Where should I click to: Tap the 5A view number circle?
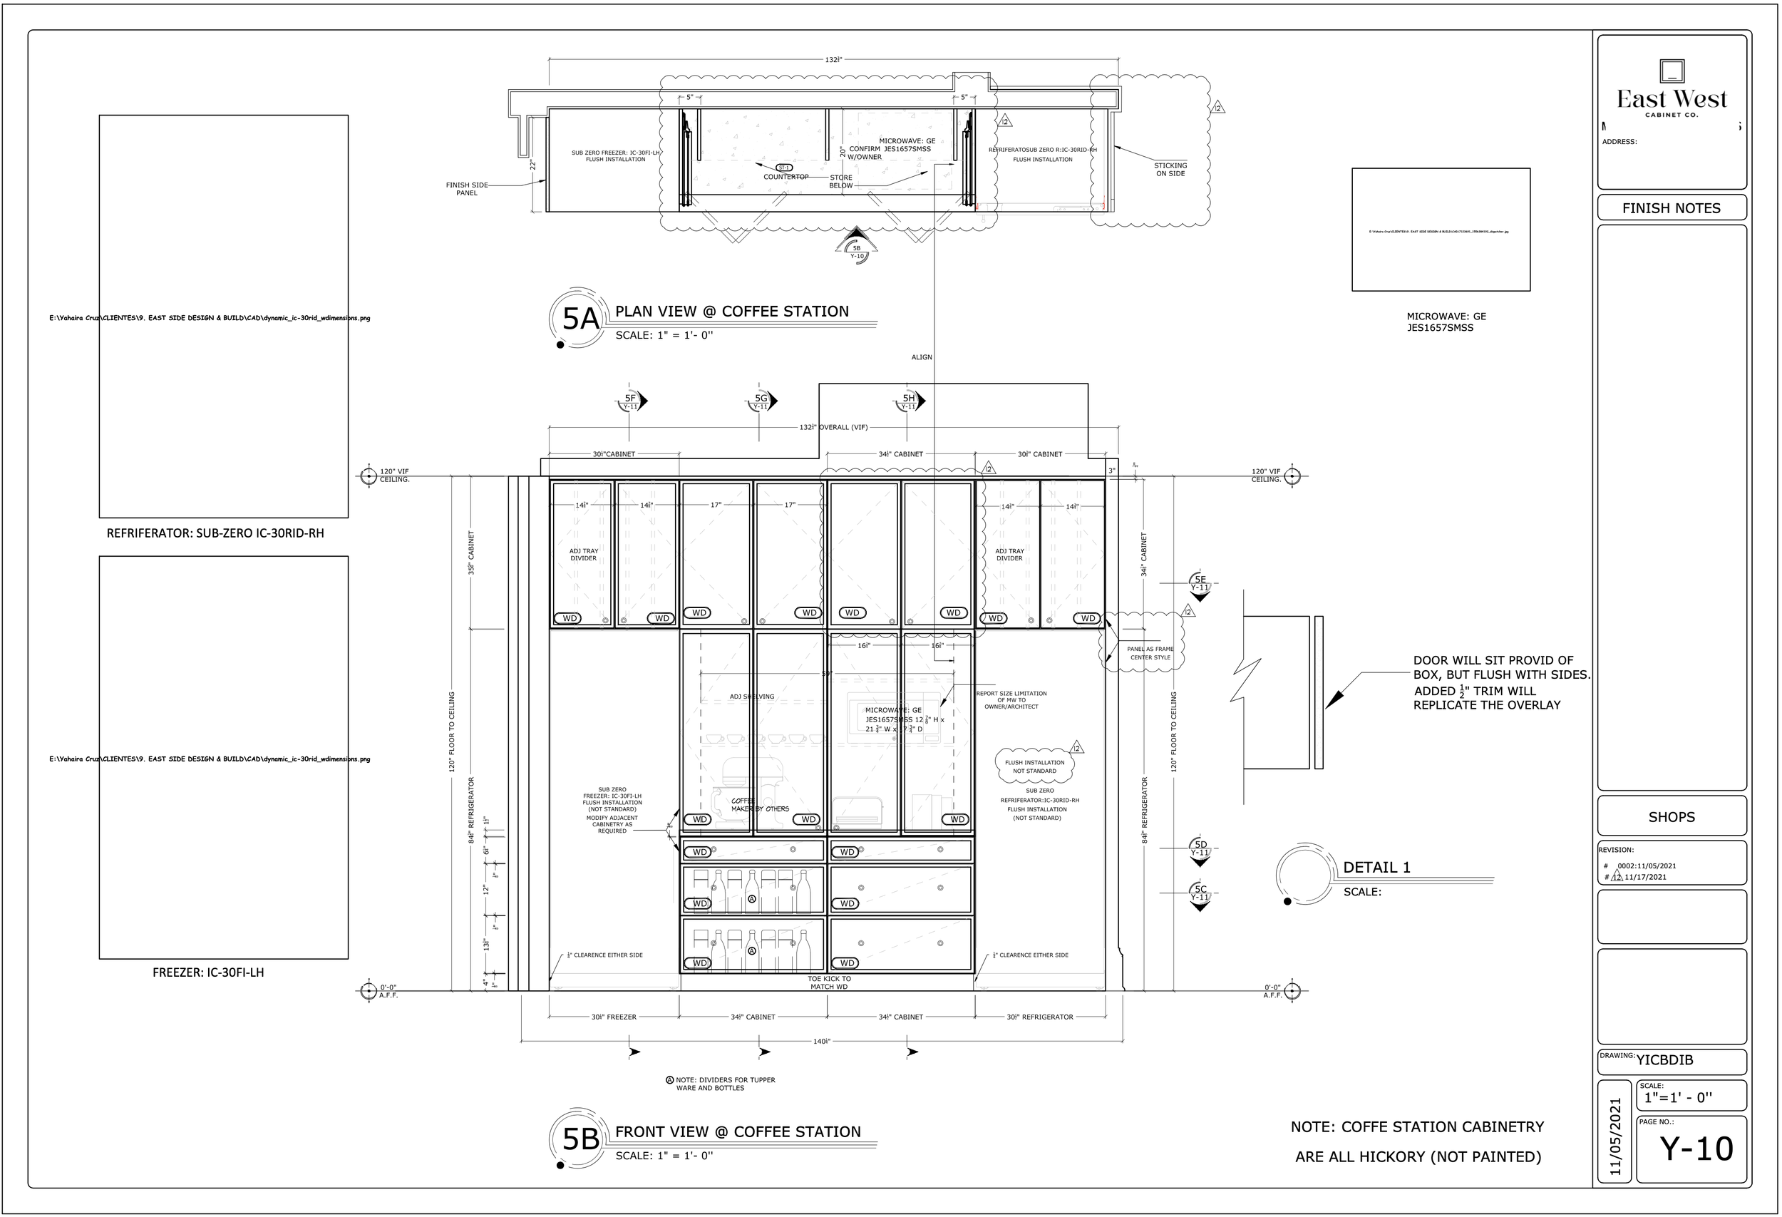[x=580, y=318]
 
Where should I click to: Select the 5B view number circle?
[x=580, y=1139]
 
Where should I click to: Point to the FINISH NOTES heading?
[x=1671, y=207]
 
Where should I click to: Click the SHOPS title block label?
[x=1671, y=817]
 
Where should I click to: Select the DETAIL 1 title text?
[x=1376, y=868]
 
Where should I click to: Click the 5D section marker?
[x=1200, y=848]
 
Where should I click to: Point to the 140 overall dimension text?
[x=821, y=1042]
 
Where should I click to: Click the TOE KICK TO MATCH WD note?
[x=829, y=982]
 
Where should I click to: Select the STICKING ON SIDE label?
[x=1170, y=170]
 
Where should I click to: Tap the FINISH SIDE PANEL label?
[x=467, y=189]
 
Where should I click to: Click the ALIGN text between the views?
[x=922, y=357]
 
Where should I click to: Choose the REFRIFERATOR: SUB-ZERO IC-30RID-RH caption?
[x=215, y=533]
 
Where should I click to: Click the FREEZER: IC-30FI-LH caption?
[x=208, y=972]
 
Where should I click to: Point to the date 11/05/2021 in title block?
[x=1616, y=1136]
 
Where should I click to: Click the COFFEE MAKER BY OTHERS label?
[x=759, y=804]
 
